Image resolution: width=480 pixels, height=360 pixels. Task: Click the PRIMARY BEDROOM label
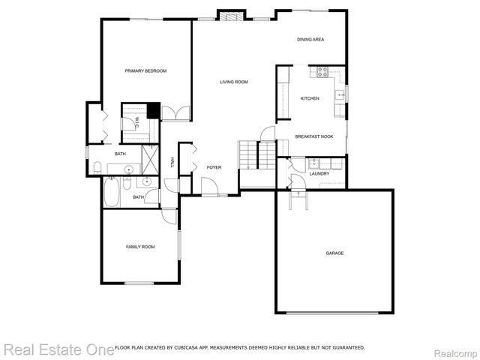(145, 70)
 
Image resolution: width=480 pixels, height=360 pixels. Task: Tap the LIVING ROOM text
(233, 82)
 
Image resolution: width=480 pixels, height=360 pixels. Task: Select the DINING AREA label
(310, 39)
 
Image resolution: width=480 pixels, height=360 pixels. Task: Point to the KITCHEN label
(310, 98)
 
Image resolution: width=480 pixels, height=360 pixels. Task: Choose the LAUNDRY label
(319, 173)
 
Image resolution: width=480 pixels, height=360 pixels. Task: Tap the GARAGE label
(334, 253)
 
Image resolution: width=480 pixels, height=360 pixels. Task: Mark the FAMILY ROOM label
(139, 247)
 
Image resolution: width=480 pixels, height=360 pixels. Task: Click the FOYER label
(214, 178)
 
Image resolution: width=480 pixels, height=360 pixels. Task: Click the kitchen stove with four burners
(323, 72)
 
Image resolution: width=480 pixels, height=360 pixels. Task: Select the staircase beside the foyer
(257, 155)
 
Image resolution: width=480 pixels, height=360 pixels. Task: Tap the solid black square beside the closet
(153, 111)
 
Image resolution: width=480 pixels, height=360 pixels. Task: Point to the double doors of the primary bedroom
(176, 113)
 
